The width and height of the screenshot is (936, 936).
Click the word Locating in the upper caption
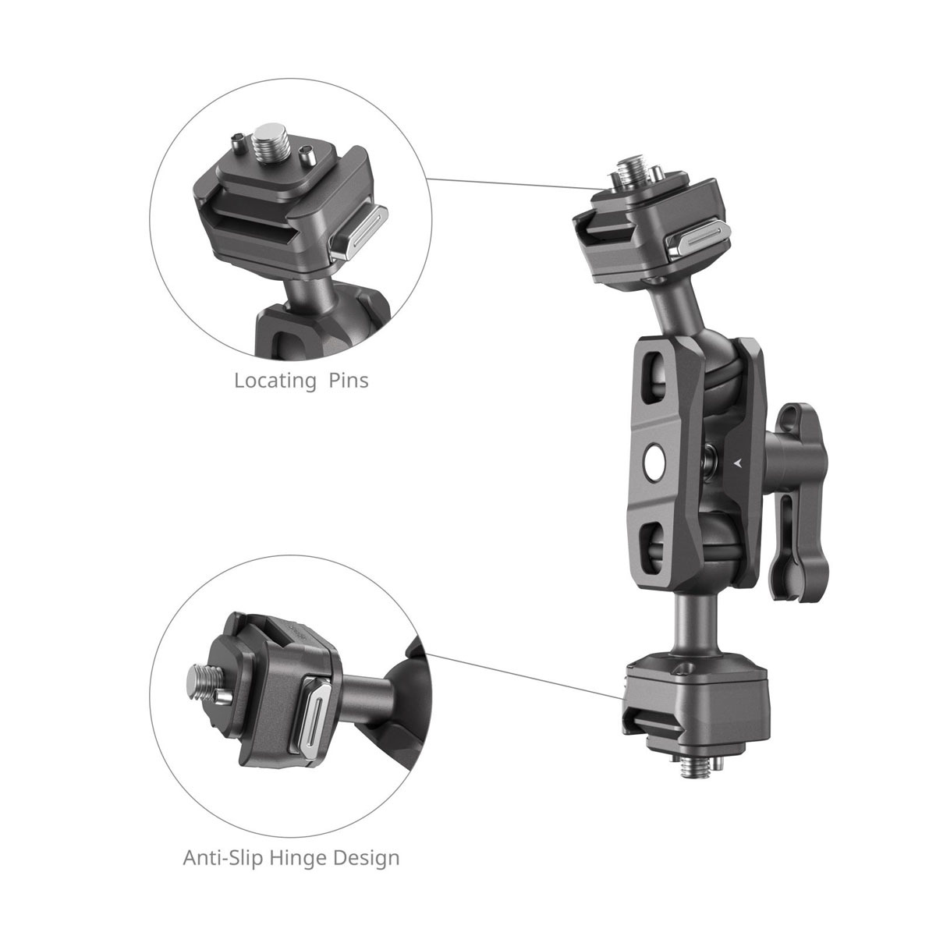pos(269,381)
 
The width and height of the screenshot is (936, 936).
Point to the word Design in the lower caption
pos(370,836)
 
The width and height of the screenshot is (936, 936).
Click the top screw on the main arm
pos(629,169)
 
